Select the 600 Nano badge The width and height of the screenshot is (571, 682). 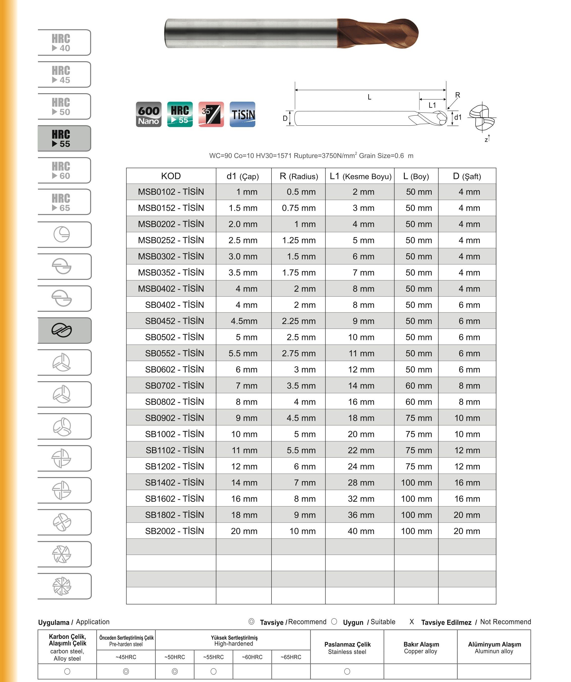[x=149, y=114]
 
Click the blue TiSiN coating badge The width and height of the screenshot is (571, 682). [x=242, y=114]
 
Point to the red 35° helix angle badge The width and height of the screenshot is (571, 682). [x=211, y=114]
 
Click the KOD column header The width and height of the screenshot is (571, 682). [x=171, y=176]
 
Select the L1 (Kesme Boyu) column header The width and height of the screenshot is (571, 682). [x=360, y=176]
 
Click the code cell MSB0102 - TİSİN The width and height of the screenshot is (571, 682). [x=171, y=192]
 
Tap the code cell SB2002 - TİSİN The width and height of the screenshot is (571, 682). [x=174, y=531]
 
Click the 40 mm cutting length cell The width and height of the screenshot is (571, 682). [x=361, y=531]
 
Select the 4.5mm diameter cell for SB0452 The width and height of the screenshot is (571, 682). [x=244, y=321]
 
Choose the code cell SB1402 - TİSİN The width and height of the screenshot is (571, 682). [x=174, y=483]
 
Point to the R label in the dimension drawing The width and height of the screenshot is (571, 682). [x=458, y=95]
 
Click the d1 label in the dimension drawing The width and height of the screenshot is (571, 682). [x=458, y=117]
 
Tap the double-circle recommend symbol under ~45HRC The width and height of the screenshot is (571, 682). [x=126, y=671]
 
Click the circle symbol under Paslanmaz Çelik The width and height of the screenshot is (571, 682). [x=347, y=671]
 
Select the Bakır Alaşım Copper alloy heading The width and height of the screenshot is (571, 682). [x=421, y=648]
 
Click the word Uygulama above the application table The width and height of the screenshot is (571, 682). [x=54, y=622]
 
